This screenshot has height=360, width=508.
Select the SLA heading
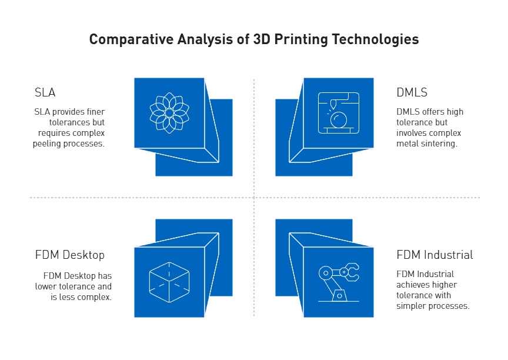[45, 92]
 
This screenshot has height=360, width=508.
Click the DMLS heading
[412, 92]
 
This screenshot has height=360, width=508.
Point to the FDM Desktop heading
[70, 255]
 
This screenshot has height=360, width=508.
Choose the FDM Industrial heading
[434, 255]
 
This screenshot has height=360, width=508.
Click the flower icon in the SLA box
[169, 112]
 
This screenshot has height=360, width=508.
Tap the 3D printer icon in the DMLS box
[338, 112]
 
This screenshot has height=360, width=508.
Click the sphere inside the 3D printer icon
[338, 121]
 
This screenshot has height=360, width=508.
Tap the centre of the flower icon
[169, 112]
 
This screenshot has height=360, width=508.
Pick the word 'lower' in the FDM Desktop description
[45, 286]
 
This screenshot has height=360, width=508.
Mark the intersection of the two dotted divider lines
[254, 198]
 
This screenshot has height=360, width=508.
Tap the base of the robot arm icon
[338, 296]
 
